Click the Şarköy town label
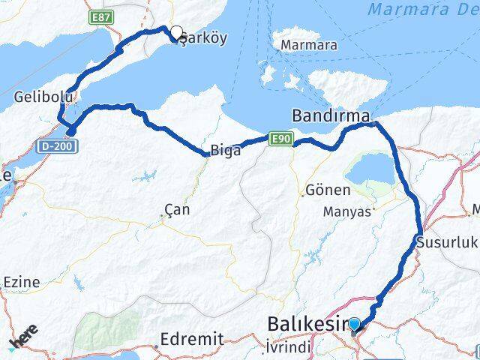(x=201, y=40)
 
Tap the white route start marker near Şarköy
(x=177, y=33)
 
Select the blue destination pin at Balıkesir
(x=355, y=325)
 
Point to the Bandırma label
(x=330, y=116)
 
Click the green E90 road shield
(x=280, y=139)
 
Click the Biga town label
(x=226, y=150)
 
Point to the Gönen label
(x=324, y=191)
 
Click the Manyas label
(x=347, y=212)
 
